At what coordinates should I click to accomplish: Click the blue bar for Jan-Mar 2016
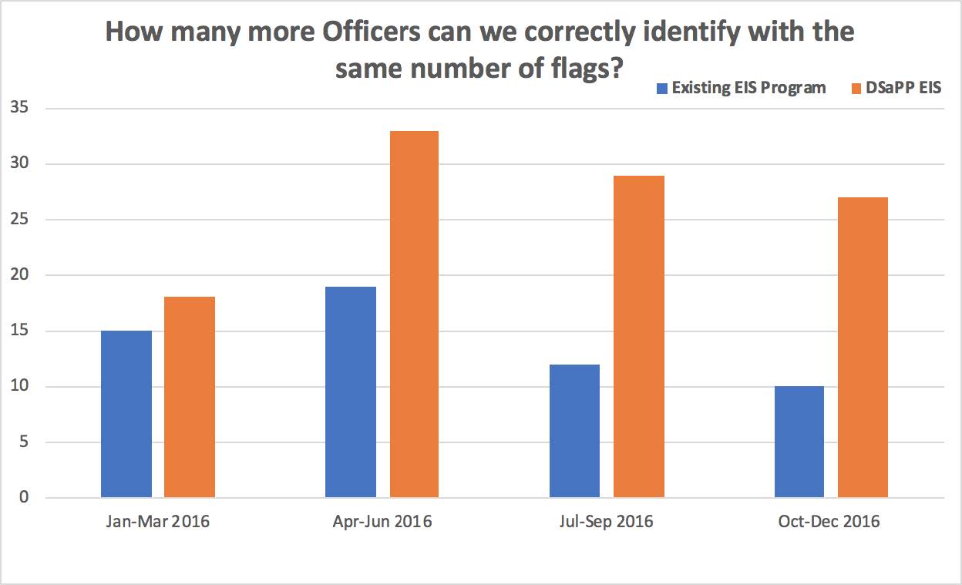(126, 414)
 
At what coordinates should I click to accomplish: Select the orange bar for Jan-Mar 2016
(190, 397)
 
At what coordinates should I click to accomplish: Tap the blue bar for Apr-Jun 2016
(351, 392)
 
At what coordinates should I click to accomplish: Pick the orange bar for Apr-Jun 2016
(414, 314)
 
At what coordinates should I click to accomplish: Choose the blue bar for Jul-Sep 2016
(574, 431)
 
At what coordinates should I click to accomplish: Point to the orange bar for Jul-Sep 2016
(638, 336)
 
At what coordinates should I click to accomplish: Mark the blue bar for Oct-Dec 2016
(799, 442)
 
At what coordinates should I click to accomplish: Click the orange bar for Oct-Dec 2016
(863, 347)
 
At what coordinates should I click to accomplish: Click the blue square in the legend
(662, 88)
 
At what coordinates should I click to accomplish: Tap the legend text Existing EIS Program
(748, 88)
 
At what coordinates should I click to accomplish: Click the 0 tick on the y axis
(24, 498)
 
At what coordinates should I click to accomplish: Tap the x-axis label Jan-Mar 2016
(158, 522)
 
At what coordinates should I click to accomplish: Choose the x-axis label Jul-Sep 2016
(606, 522)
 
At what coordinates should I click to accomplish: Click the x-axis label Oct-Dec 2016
(829, 522)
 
